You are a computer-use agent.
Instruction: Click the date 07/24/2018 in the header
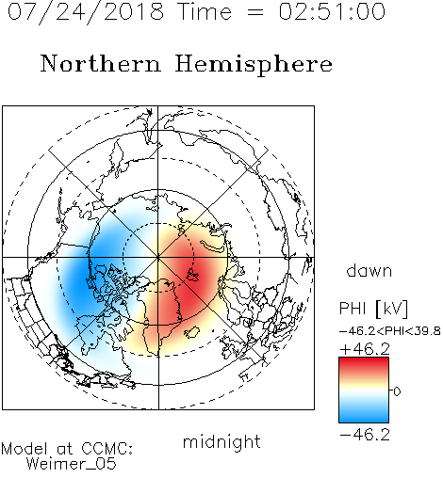(x=86, y=12)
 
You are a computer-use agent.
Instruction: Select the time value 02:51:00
(x=332, y=11)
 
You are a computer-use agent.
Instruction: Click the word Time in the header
(x=205, y=11)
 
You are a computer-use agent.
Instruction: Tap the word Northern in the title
(x=101, y=64)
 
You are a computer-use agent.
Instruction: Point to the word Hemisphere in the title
(x=254, y=65)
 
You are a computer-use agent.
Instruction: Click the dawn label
(x=369, y=270)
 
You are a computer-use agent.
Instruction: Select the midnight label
(x=221, y=441)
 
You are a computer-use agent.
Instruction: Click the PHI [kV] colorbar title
(x=373, y=309)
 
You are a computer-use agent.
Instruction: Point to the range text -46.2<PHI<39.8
(x=390, y=331)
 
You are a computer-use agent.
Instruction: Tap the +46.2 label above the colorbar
(x=365, y=349)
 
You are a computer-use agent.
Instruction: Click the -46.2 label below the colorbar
(x=365, y=435)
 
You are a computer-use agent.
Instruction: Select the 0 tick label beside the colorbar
(x=397, y=391)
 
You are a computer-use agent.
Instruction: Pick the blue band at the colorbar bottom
(x=364, y=416)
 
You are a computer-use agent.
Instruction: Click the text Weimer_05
(x=72, y=463)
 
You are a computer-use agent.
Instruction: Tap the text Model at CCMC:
(x=67, y=449)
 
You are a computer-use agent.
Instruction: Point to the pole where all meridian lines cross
(x=158, y=258)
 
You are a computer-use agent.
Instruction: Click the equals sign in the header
(x=255, y=12)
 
